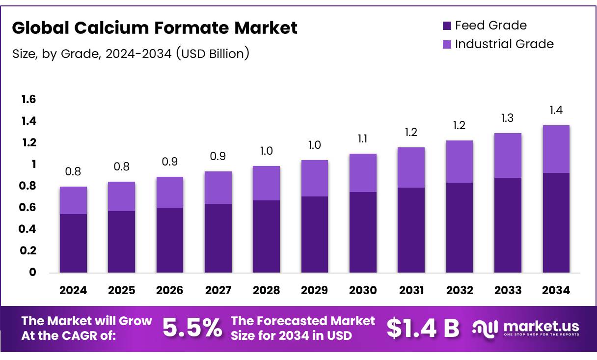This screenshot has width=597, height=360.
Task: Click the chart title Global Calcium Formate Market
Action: coord(155,28)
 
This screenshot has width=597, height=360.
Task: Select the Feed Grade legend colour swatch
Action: coord(446,26)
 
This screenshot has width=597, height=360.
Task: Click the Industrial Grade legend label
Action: coord(504,44)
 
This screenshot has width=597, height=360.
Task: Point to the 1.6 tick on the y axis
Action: coord(28,100)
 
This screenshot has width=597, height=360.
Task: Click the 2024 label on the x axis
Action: coord(73,290)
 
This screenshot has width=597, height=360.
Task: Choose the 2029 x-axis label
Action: coord(315,290)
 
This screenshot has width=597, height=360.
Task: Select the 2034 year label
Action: coord(556,290)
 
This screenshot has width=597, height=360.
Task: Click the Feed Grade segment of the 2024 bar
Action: coord(73,243)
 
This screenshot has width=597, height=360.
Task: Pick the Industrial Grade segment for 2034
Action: coord(556,149)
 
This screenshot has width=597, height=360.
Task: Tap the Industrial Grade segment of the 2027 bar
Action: coord(218,188)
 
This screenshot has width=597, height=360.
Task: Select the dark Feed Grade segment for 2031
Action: coord(411,230)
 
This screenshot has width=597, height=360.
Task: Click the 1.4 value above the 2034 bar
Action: coord(556,111)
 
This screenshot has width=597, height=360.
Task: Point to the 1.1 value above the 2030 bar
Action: coord(363,139)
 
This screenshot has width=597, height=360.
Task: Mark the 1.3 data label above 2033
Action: coord(508,118)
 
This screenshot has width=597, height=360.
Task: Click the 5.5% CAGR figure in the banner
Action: coord(192,328)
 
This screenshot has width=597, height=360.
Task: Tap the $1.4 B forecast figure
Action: coord(423,328)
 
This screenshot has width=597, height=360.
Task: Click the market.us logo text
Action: coord(540,326)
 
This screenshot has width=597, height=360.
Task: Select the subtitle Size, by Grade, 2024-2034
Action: coord(131,54)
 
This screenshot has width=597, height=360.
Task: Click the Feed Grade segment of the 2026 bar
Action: coord(170,240)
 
